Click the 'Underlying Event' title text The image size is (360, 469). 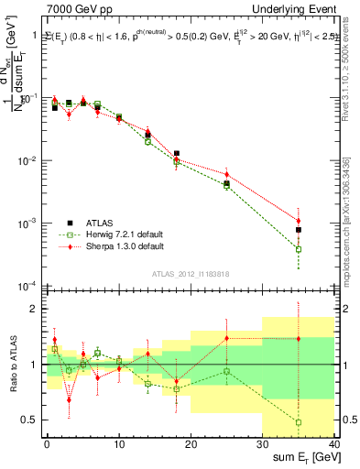click(296, 9)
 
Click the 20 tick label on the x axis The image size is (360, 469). click(191, 442)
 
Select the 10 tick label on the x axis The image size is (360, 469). click(119, 442)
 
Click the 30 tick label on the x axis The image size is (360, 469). click(262, 442)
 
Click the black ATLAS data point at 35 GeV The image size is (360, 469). click(299, 230)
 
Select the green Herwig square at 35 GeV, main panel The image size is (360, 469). click(299, 249)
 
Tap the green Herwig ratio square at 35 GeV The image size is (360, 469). click(299, 422)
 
